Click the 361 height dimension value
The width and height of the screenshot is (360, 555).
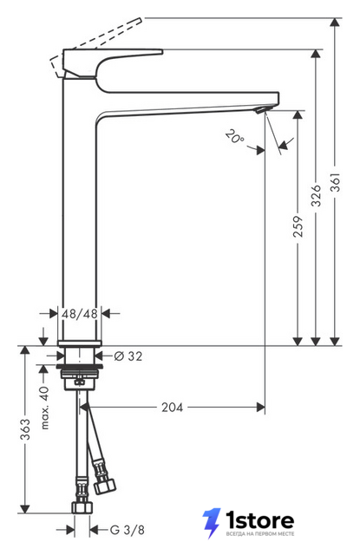pos(335,182)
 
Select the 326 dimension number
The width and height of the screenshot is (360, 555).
pos(316,195)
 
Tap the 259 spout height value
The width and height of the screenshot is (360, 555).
pos(298,226)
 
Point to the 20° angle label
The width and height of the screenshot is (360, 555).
pos(234,137)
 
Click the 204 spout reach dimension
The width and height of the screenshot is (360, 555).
pos(173,408)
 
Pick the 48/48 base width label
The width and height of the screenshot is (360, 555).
pos(80,314)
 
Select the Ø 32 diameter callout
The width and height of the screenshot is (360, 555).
pos(128,356)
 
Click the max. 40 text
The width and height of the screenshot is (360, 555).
pos(44,408)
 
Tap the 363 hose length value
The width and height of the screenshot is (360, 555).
pos(25,430)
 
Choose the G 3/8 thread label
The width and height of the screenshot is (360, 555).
pos(127,530)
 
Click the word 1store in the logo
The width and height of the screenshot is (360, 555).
pos(260,520)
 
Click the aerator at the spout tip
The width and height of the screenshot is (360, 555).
pos(260,110)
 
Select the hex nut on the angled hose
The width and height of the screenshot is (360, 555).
pos(105,486)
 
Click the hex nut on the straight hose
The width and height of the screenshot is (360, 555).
pos(82,507)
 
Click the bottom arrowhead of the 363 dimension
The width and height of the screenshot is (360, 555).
pos(25,509)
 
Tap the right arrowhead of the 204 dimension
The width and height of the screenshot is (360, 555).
pos(260,408)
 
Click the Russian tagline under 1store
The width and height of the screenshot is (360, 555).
pos(260,534)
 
